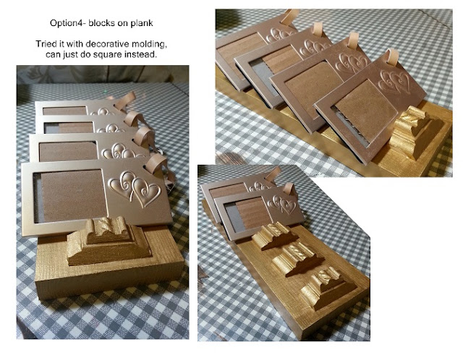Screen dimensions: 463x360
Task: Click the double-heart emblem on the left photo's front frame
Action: click(135, 188)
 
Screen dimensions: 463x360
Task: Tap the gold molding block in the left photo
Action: click(108, 241)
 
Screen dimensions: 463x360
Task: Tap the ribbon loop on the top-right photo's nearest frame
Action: click(392, 57)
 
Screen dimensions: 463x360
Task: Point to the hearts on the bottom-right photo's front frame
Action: click(282, 204)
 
